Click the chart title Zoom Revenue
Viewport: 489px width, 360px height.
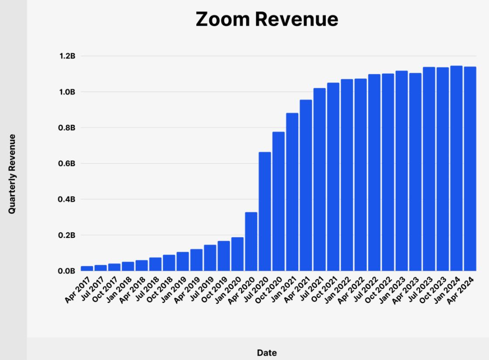point(267,19)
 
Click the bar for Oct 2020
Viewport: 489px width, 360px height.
point(278,201)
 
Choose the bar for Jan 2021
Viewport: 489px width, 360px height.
point(292,192)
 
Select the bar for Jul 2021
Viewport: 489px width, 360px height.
point(319,179)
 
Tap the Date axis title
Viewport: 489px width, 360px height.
point(267,353)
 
